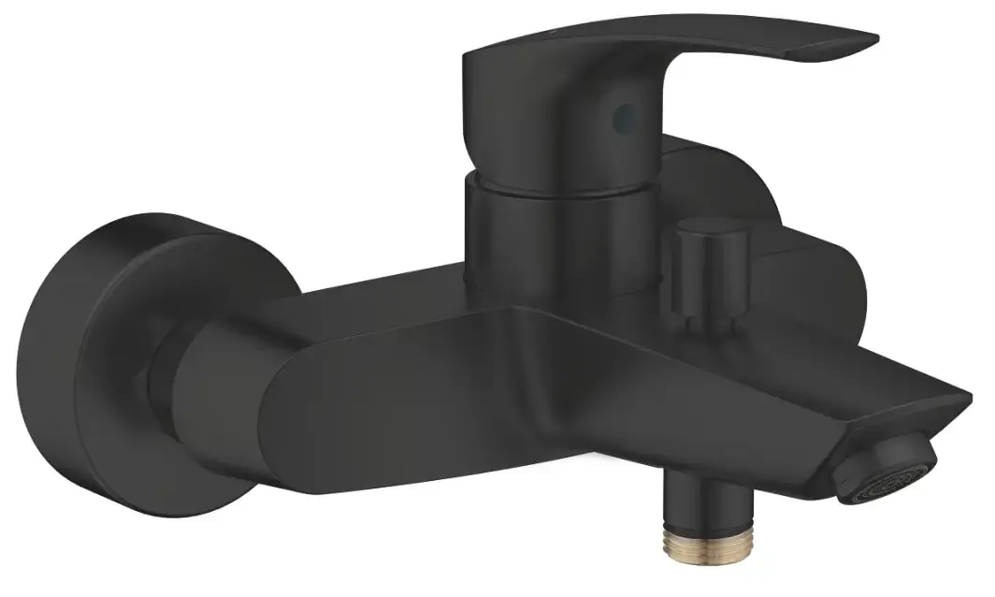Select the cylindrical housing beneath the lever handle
(x=524, y=234)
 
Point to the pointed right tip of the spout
(x=963, y=407)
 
